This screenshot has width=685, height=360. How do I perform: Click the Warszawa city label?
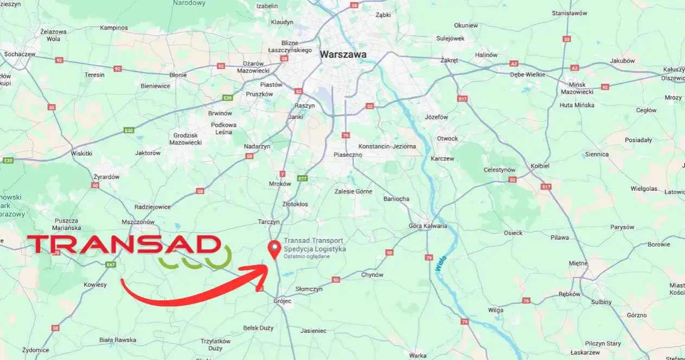point(343,55)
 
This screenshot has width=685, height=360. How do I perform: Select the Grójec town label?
point(282,301)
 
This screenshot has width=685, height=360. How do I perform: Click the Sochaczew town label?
point(20,54)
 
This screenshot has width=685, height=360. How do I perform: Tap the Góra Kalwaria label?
point(428,226)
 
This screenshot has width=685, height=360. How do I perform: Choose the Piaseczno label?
point(348,155)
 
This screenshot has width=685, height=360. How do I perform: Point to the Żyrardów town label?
point(106,177)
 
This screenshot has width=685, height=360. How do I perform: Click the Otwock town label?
point(447,138)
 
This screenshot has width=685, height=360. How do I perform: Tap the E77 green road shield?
point(303,178)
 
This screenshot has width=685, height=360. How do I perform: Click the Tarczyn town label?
point(269,222)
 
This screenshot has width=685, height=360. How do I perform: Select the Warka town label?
point(418,356)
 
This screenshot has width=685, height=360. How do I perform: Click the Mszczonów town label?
point(138,222)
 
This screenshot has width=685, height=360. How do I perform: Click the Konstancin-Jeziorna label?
point(387,146)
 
